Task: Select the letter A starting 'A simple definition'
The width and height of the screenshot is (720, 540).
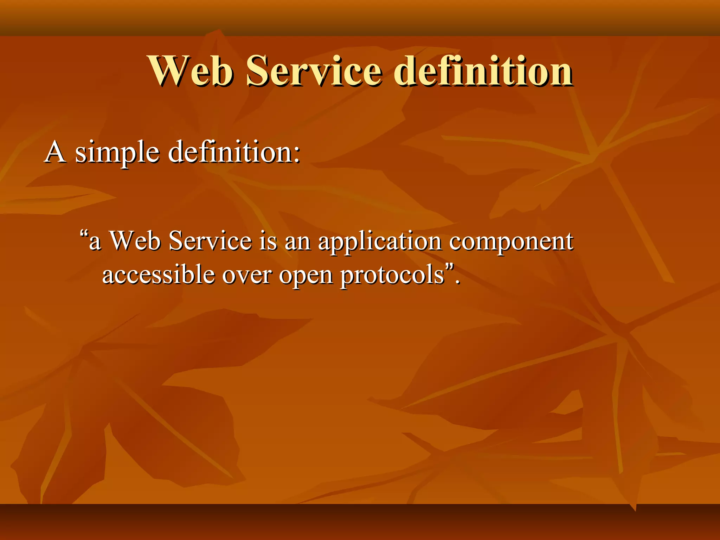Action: click(55, 152)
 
